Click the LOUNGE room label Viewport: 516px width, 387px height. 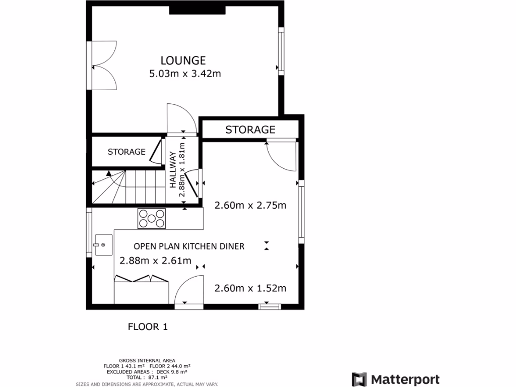[183, 60]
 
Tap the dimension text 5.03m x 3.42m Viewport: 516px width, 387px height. [185, 74]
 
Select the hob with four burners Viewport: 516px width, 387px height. [152, 218]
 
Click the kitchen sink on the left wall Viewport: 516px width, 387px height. [102, 245]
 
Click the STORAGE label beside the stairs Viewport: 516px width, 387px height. [126, 152]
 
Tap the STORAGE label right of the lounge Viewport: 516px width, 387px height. [250, 130]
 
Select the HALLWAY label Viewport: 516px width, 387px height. [173, 170]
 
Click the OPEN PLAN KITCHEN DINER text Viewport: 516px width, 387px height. [189, 246]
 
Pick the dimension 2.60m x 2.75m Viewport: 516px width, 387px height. [250, 205]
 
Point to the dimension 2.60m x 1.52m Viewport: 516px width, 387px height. [250, 288]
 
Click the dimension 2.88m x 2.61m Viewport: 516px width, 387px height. [155, 261]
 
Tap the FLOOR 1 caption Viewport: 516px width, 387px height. [148, 327]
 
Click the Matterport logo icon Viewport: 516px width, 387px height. [359, 379]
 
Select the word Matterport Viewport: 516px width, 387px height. [405, 379]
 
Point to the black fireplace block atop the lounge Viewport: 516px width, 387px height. [197, 10]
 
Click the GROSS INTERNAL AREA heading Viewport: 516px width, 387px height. [147, 360]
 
